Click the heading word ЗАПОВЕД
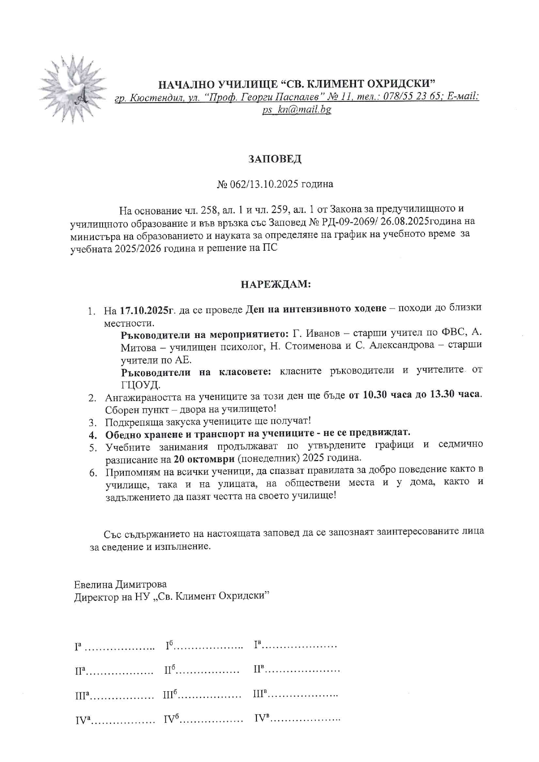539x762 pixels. pos(275,159)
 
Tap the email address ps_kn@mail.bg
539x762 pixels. pos(296,109)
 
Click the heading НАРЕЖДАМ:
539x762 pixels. pos(276,285)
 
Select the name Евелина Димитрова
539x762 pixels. pos(120,584)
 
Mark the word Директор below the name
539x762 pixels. pos(95,596)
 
